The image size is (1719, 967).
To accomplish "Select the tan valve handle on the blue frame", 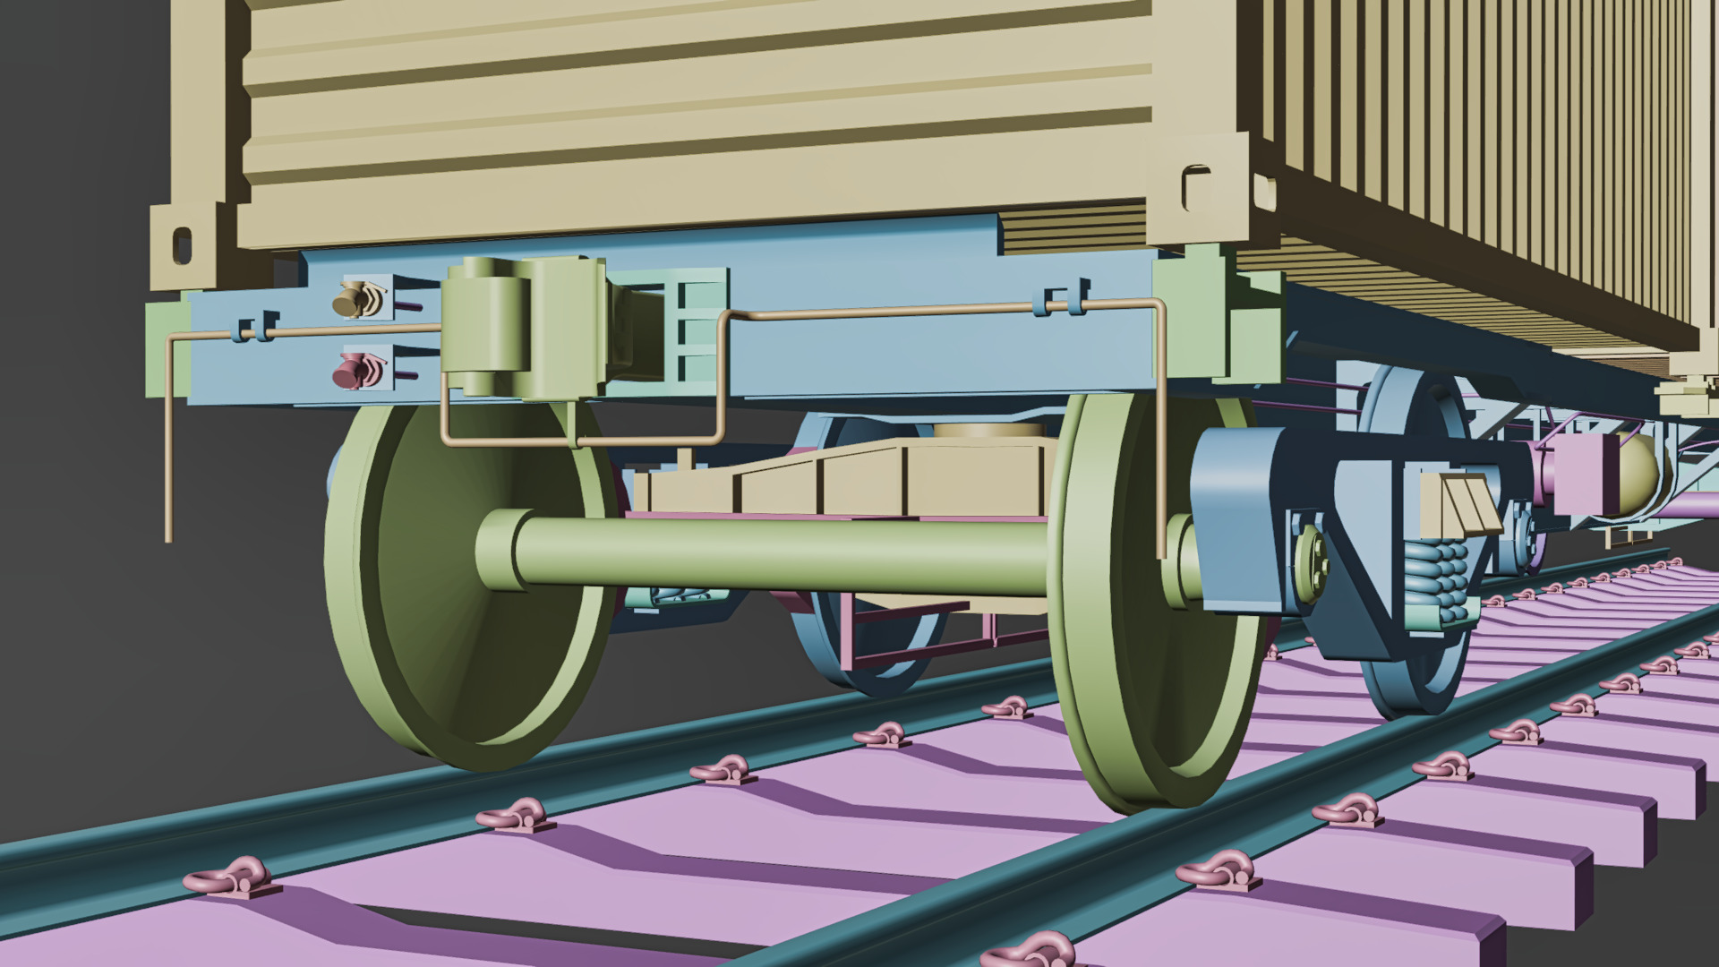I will click(356, 300).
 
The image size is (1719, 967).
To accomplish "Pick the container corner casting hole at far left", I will click(182, 244).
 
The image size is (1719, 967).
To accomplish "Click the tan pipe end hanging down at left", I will click(168, 528).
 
